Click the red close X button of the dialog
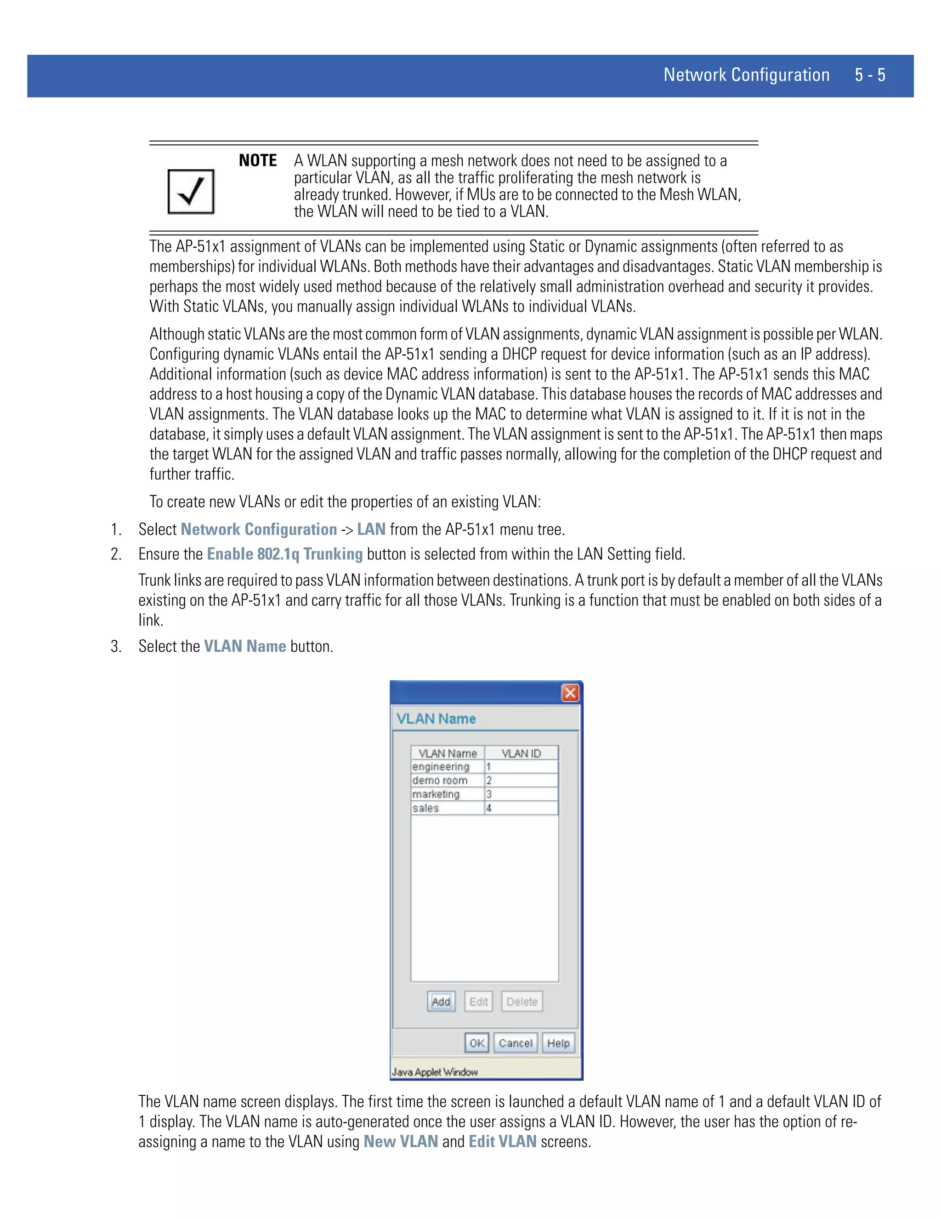570,693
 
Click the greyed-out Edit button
478,1002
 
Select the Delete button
522,1002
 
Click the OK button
476,1043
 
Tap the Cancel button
515,1043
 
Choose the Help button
558,1043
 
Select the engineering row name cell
442,767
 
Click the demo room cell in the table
440,780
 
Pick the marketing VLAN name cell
436,794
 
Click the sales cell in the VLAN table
426,808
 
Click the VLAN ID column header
521,753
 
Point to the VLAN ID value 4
489,808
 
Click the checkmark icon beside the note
191,192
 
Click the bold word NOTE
258,160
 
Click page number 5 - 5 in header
870,75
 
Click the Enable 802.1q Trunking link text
284,554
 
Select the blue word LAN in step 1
371,529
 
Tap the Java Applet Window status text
435,1072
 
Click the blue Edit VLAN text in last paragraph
502,1142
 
